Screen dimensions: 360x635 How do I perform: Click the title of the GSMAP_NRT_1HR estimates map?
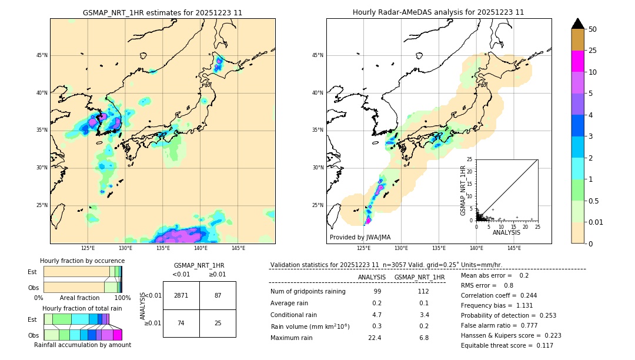162,12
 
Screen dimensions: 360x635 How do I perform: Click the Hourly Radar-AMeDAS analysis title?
439,12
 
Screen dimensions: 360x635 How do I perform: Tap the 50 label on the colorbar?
593,29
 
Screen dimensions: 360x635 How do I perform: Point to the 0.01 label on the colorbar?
596,222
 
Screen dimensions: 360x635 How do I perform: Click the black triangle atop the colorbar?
578,24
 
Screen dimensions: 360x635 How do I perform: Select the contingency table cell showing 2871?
181,295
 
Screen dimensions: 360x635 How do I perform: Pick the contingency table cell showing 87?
218,295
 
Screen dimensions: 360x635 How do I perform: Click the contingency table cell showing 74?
181,323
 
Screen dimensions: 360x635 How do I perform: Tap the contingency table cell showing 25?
218,323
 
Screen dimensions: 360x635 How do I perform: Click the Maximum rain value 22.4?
375,338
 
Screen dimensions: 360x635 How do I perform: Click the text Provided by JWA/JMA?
360,237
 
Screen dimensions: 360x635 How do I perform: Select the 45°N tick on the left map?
42,55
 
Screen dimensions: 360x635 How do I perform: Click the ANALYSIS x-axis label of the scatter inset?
506,232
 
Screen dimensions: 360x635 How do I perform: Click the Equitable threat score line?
507,345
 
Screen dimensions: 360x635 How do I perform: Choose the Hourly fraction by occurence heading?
82,261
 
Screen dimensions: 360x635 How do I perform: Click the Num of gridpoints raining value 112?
423,291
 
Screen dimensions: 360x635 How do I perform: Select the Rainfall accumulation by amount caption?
82,345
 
